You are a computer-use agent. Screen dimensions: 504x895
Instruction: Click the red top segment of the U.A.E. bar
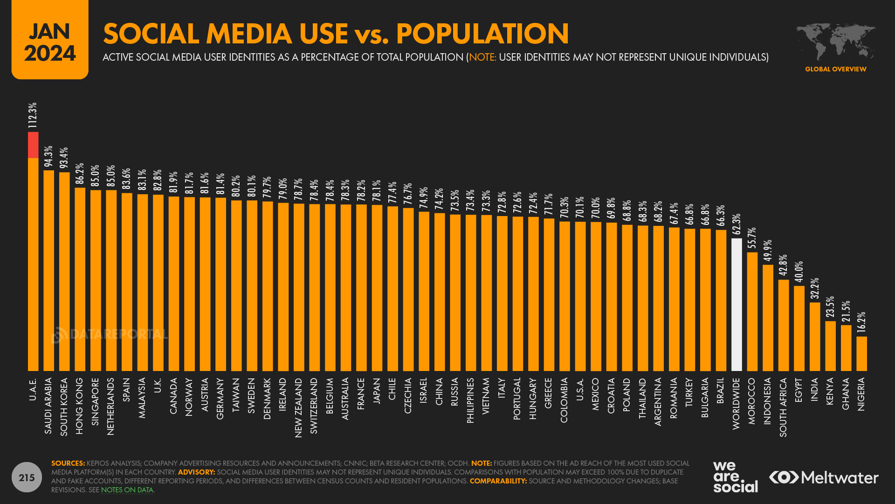(x=33, y=145)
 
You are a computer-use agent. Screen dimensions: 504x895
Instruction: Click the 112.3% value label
(x=32, y=115)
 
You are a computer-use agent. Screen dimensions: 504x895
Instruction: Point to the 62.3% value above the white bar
(x=736, y=224)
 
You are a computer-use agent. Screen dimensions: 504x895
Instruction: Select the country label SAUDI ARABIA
(x=48, y=406)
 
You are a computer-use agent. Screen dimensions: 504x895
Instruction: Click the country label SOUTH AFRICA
(x=783, y=407)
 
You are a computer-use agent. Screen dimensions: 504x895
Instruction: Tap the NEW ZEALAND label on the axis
(x=298, y=407)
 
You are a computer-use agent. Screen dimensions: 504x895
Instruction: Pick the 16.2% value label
(x=861, y=322)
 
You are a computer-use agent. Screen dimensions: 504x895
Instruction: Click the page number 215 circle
(x=27, y=477)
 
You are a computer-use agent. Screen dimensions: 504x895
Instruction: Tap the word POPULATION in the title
(x=482, y=34)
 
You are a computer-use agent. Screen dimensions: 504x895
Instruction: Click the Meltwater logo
(x=823, y=477)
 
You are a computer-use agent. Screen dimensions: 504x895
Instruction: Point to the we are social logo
(x=735, y=477)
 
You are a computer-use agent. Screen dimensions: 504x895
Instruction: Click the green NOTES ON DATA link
(x=127, y=490)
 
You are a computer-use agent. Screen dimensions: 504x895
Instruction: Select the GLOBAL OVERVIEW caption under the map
(x=835, y=69)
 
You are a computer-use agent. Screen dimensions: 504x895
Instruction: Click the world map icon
(x=835, y=41)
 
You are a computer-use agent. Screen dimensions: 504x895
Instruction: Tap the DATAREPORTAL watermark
(x=110, y=334)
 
